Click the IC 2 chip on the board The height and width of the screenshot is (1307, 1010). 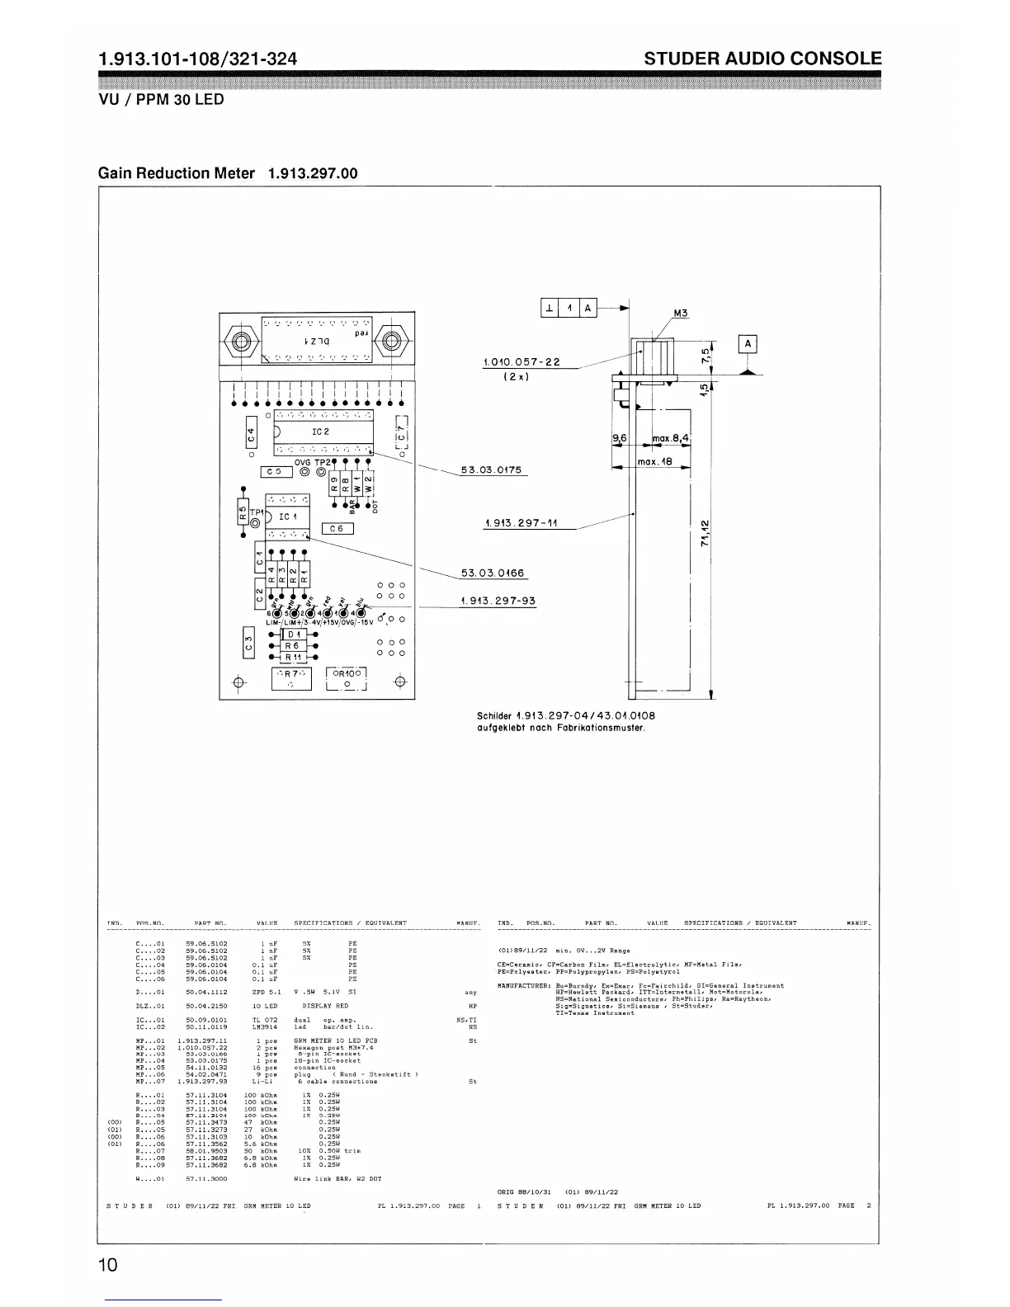321,432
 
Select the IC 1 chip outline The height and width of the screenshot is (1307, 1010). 287,517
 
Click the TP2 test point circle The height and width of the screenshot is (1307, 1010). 319,473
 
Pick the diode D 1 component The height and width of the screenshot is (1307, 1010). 294,634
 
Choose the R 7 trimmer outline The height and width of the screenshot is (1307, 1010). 292,677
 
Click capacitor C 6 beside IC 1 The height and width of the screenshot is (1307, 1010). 337,529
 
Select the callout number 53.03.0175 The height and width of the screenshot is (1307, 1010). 492,470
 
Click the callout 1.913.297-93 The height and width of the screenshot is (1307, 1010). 498,600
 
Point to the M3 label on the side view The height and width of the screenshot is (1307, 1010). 681,314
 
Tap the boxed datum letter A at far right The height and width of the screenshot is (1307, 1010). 748,344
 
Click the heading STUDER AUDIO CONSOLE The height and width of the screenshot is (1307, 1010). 762,59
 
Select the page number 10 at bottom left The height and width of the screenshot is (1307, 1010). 108,1265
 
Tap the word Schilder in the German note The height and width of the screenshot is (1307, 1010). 495,715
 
